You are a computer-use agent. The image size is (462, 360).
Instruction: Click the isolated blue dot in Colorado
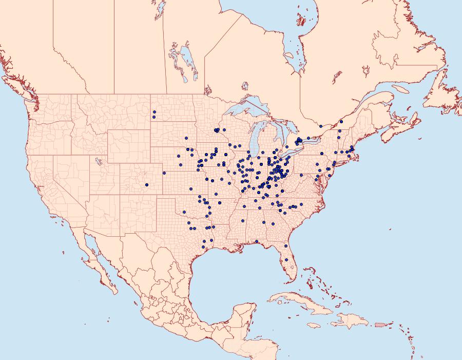pyautogui.click(x=147, y=185)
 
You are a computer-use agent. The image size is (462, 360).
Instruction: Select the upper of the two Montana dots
pyautogui.click(x=154, y=112)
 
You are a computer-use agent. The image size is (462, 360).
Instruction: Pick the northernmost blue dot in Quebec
pyautogui.click(x=341, y=122)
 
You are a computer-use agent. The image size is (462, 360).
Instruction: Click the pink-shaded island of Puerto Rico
pyautogui.click(x=380, y=324)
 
